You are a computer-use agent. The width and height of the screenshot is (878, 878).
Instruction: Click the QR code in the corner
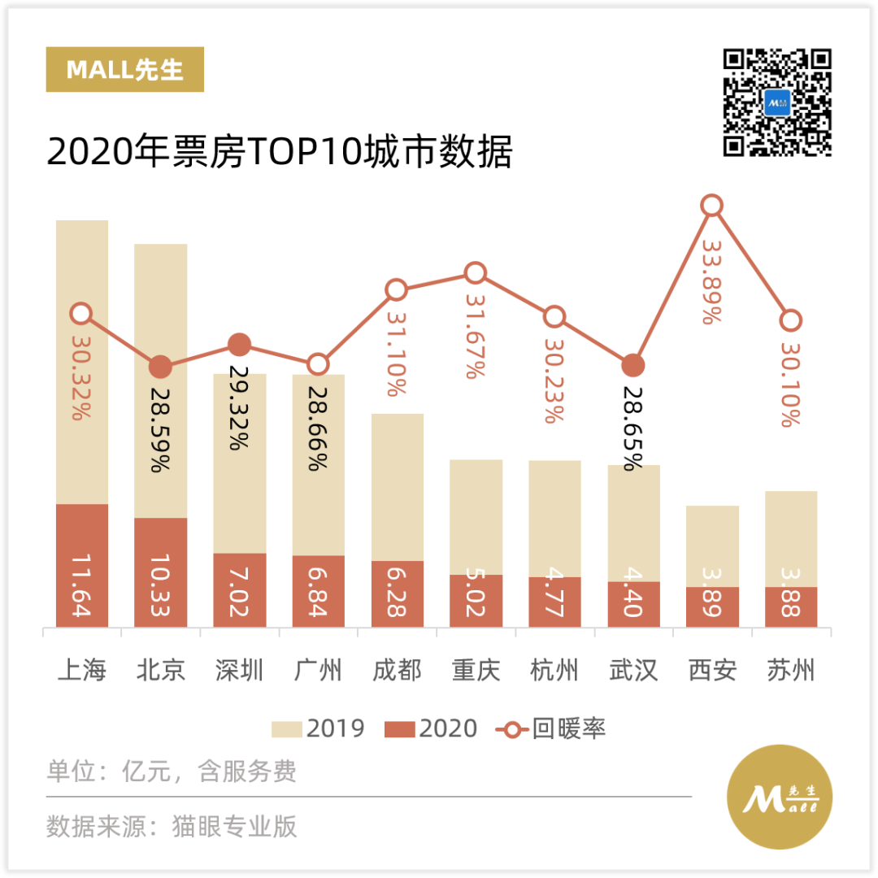[x=777, y=102]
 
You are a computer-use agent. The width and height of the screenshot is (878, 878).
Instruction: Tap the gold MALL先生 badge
[x=124, y=70]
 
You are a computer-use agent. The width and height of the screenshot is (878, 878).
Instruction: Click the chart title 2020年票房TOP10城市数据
[x=280, y=153]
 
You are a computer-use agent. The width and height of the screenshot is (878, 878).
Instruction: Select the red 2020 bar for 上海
[x=82, y=565]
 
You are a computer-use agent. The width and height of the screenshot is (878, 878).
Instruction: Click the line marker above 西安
[x=712, y=206]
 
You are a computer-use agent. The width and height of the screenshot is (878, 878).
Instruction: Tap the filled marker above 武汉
[x=633, y=366]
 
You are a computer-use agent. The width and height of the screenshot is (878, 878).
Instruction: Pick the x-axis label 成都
[x=397, y=671]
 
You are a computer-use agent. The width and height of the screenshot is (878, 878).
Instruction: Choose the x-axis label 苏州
[x=791, y=671]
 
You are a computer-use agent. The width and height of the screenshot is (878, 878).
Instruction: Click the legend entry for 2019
[x=318, y=728]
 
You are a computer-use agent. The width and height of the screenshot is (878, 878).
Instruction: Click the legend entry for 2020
[x=432, y=728]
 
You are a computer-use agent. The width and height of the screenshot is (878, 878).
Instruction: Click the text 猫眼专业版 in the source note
[x=235, y=826]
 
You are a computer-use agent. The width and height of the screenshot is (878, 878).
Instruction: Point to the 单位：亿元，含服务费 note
[x=172, y=771]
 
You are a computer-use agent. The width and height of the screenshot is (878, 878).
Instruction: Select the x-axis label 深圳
[x=240, y=671]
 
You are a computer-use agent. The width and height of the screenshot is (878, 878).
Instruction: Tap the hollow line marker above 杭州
[x=554, y=317]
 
